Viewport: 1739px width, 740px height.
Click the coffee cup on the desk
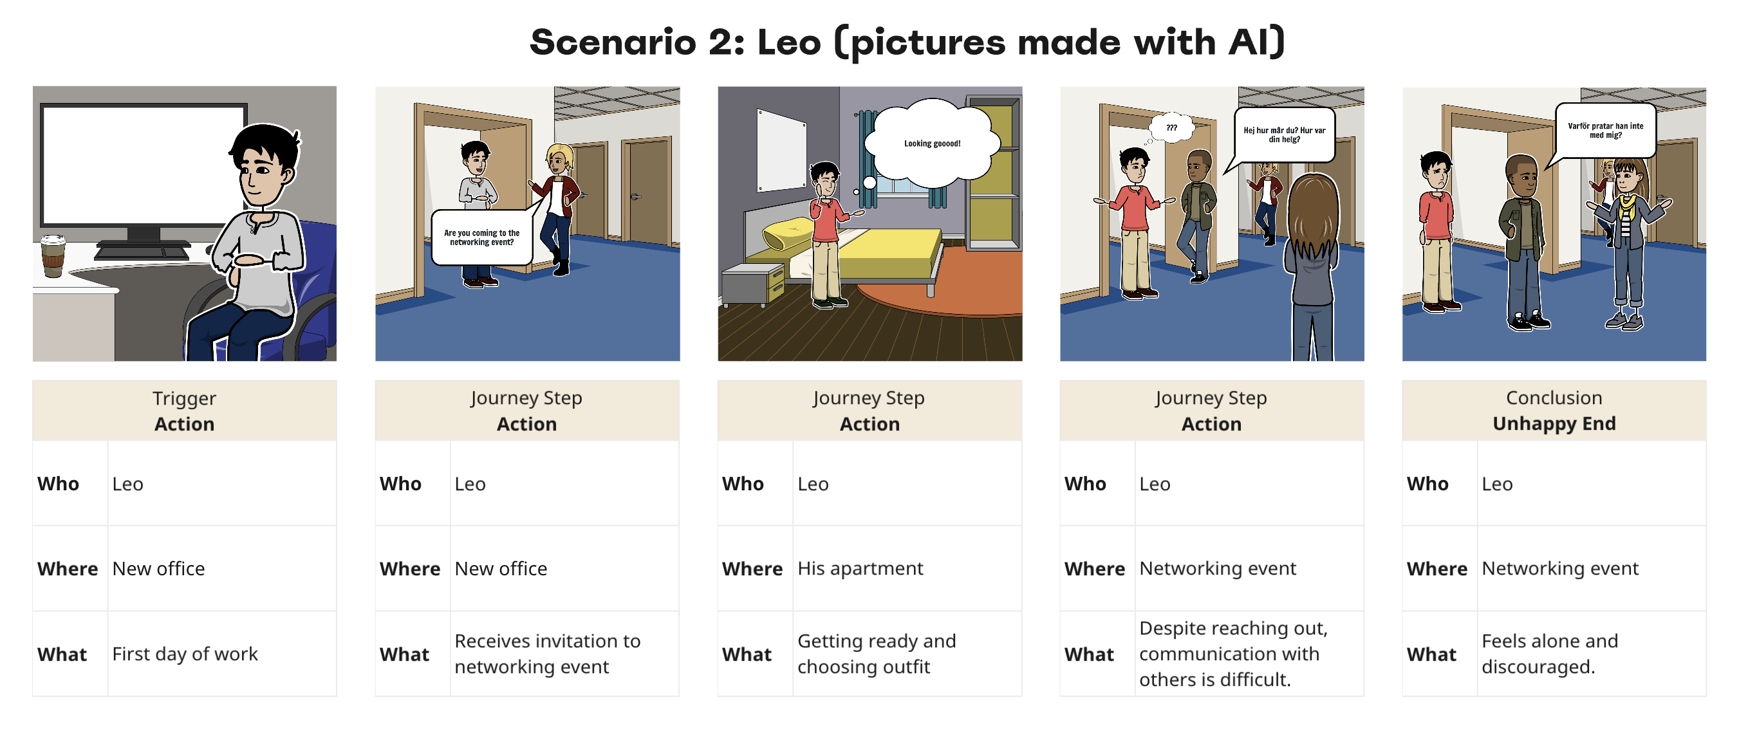(x=53, y=256)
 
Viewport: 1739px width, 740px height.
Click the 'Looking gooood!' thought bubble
(x=932, y=143)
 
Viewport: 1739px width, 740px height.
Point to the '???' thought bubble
(x=1172, y=127)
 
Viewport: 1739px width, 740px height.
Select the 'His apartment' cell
(x=907, y=568)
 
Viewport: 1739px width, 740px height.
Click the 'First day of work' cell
(x=222, y=654)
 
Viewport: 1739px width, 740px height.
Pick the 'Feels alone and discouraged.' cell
(x=1591, y=654)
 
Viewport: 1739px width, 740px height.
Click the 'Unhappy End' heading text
(x=1554, y=423)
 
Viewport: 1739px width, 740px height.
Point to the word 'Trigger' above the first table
(x=184, y=398)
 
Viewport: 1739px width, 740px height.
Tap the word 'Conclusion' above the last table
(x=1554, y=398)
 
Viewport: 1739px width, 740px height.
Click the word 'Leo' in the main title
(x=789, y=42)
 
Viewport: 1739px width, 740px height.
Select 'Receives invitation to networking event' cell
(x=564, y=654)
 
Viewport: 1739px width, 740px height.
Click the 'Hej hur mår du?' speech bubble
(x=1283, y=135)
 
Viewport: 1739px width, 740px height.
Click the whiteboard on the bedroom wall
(x=782, y=150)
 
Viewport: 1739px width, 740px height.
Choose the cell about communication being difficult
(x=1249, y=654)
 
